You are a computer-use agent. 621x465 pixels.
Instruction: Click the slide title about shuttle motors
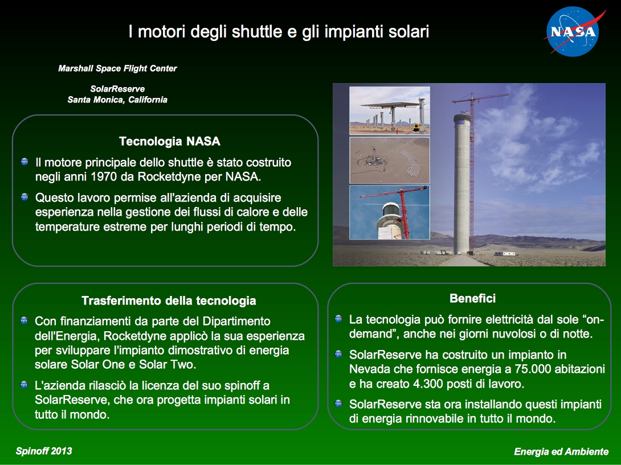pyautogui.click(x=279, y=32)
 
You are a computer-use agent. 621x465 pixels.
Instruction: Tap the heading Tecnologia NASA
pyautogui.click(x=170, y=141)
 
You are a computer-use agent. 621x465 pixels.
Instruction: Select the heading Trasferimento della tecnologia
pyautogui.click(x=169, y=301)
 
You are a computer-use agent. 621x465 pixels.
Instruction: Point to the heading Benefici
pyautogui.click(x=472, y=298)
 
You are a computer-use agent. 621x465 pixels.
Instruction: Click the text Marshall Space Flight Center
pyautogui.click(x=117, y=68)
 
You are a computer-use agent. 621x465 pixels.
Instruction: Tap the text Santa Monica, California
pyautogui.click(x=117, y=100)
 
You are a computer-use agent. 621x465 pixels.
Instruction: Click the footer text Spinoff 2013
pyautogui.click(x=44, y=451)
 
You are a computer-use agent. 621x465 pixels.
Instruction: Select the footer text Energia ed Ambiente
pyautogui.click(x=561, y=451)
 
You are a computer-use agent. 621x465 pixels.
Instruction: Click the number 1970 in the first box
pyautogui.click(x=104, y=176)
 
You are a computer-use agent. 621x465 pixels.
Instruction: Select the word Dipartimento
pyautogui.click(x=236, y=322)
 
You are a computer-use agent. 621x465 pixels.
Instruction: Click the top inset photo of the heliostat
pyautogui.click(x=390, y=110)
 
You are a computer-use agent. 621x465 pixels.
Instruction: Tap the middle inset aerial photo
pyautogui.click(x=390, y=161)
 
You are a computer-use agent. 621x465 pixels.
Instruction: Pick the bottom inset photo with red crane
pyautogui.click(x=390, y=212)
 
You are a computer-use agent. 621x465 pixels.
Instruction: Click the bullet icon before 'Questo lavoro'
pyautogui.click(x=24, y=197)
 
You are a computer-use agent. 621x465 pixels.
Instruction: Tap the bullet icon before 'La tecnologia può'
pyautogui.click(x=338, y=319)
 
